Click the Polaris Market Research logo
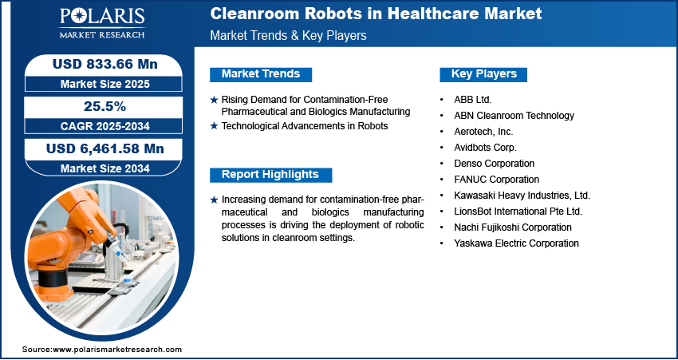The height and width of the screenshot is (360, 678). (x=102, y=23)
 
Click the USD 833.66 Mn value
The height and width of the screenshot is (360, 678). (x=105, y=65)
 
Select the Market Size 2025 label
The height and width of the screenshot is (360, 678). (x=105, y=84)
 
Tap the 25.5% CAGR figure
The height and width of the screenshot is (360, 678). (x=104, y=106)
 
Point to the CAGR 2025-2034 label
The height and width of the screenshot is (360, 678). (x=105, y=126)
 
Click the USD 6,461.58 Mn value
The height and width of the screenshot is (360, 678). (x=105, y=148)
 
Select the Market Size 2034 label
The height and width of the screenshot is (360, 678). (x=105, y=168)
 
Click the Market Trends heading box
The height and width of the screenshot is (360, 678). (x=261, y=74)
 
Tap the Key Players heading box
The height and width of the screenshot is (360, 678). (x=483, y=74)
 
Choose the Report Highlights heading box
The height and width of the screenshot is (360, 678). (x=270, y=175)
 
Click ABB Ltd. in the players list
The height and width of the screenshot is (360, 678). (x=473, y=100)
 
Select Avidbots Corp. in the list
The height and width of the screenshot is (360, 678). (x=485, y=148)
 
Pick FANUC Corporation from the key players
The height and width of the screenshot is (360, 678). (x=496, y=179)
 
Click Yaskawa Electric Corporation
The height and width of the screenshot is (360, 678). (x=516, y=243)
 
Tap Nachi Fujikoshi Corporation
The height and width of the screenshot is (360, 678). (x=513, y=227)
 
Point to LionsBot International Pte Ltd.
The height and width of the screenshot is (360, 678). (x=518, y=212)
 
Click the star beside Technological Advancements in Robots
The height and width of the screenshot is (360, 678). (x=214, y=126)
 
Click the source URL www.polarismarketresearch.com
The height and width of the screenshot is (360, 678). (x=117, y=350)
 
